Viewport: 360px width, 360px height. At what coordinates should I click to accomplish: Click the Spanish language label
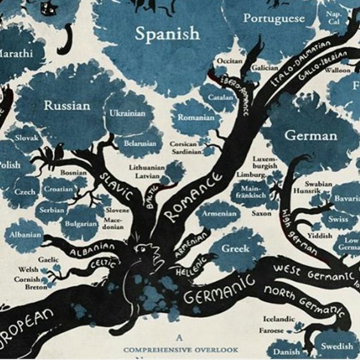pyautogui.click(x=167, y=34)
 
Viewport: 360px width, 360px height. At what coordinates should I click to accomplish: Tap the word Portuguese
pyautogui.click(x=274, y=19)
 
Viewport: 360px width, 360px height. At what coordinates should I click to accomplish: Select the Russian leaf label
pyautogui.click(x=66, y=105)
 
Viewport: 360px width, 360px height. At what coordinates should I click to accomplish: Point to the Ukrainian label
pyautogui.click(x=127, y=113)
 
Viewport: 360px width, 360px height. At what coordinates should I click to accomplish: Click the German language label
pyautogui.click(x=311, y=135)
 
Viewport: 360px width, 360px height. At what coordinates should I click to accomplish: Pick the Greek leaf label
pyautogui.click(x=234, y=248)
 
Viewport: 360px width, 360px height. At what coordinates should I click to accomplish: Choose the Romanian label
pyautogui.click(x=196, y=117)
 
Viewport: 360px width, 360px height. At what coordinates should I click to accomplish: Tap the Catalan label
pyautogui.click(x=221, y=99)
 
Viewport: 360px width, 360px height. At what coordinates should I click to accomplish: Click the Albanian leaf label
pyautogui.click(x=26, y=236)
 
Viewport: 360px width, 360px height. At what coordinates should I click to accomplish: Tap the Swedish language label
pyautogui.click(x=336, y=346)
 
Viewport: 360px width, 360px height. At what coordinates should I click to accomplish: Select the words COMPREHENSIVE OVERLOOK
pyautogui.click(x=180, y=350)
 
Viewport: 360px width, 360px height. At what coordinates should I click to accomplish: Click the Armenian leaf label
pyautogui.click(x=220, y=214)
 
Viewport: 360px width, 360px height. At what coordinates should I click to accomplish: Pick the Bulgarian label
pyautogui.click(x=80, y=224)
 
